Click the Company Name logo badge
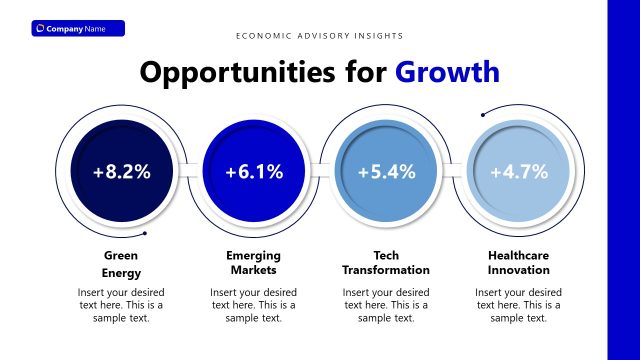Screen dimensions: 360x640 (78, 28)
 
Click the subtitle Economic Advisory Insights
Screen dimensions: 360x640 (320, 35)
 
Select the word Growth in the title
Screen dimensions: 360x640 (446, 72)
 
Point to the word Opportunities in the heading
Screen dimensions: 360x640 (264, 72)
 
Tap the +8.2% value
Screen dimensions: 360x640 (122, 171)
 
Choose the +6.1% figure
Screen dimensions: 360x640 (254, 171)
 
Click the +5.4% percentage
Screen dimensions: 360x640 (386, 171)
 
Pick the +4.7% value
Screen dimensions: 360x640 (519, 171)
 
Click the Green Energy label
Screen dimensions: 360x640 (122, 263)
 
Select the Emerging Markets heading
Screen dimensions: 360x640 (254, 263)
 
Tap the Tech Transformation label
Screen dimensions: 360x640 (386, 263)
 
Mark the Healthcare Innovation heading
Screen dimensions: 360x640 (519, 263)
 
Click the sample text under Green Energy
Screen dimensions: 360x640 (122, 305)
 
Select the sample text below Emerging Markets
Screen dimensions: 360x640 (254, 305)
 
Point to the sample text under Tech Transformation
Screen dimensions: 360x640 (386, 305)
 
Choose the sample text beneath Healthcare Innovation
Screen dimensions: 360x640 (519, 305)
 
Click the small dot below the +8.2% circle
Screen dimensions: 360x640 (146, 234)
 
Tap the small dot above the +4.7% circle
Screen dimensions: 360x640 (483, 112)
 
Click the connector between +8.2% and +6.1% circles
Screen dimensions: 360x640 (188, 171)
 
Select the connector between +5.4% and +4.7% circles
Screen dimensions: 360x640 (453, 171)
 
